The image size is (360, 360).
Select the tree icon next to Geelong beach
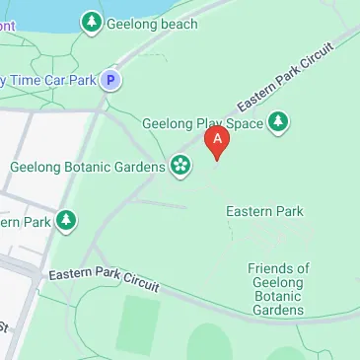coord(92,21)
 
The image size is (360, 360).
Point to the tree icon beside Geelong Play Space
coord(280,122)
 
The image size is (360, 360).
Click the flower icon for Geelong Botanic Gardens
coord(180,165)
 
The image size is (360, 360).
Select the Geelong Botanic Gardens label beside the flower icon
coord(87,167)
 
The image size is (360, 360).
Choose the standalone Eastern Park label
coord(264,211)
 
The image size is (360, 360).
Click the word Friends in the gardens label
coord(278,268)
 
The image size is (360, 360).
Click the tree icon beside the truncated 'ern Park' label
coord(66,221)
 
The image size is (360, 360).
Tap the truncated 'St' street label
coord(4,325)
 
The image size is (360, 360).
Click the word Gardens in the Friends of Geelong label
coord(277,311)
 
